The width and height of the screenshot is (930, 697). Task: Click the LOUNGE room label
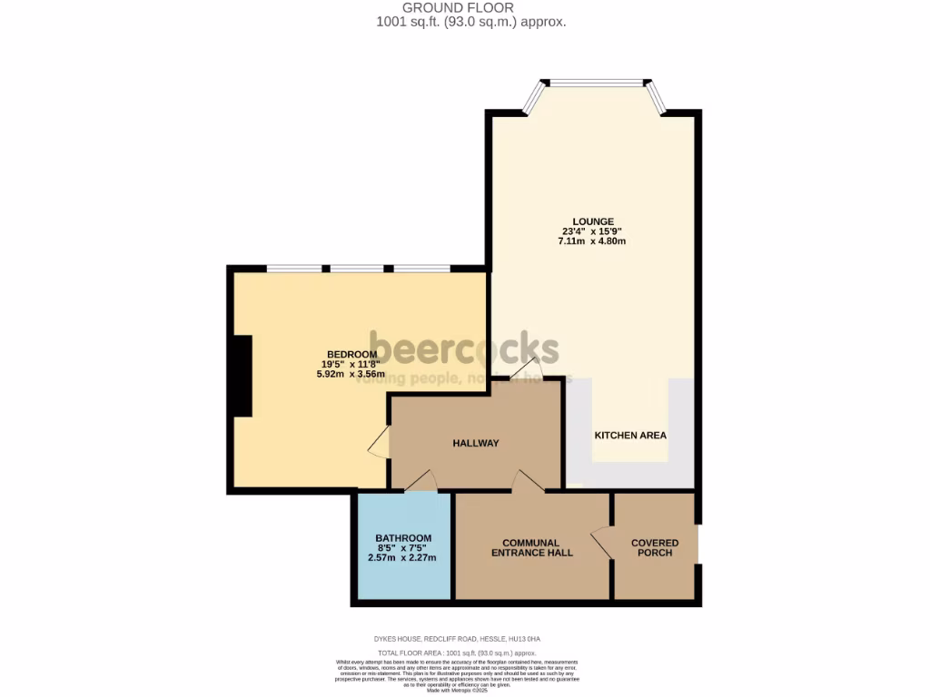click(592, 221)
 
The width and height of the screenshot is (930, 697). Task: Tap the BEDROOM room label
click(351, 354)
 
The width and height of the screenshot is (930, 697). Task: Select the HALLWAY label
click(476, 443)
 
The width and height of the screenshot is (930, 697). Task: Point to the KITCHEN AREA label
click(630, 436)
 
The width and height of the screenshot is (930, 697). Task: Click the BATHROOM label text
click(403, 538)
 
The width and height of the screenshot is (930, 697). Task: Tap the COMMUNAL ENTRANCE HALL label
click(531, 547)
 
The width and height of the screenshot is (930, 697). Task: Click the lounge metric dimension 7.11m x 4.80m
click(592, 241)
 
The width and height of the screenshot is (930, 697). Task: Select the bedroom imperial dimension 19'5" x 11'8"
click(351, 364)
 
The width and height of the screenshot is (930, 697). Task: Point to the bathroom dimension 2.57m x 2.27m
click(402, 557)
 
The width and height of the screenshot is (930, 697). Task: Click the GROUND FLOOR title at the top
click(470, 8)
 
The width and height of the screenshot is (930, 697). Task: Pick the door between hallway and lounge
click(525, 368)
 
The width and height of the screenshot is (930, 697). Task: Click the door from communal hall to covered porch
click(602, 545)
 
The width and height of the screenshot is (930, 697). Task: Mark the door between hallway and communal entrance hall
click(529, 482)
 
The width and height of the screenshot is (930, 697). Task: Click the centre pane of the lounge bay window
click(596, 83)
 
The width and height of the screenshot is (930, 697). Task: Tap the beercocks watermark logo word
click(464, 348)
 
